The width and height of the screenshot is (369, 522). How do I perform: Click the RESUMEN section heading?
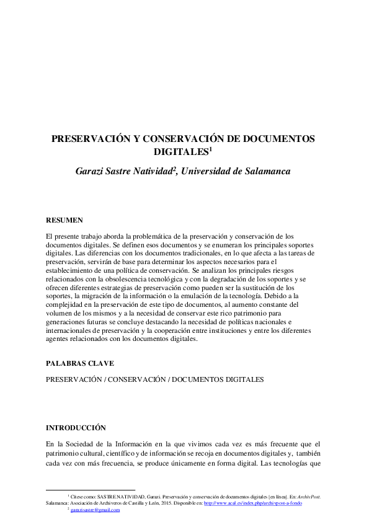tap(64, 221)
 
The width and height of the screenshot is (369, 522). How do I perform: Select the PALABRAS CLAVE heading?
tap(80, 363)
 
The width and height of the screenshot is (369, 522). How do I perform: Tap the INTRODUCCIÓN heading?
tap(76, 428)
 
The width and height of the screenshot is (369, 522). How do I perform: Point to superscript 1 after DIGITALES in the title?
tap(211, 148)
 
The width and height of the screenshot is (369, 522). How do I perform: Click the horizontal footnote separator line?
tap(91, 490)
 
